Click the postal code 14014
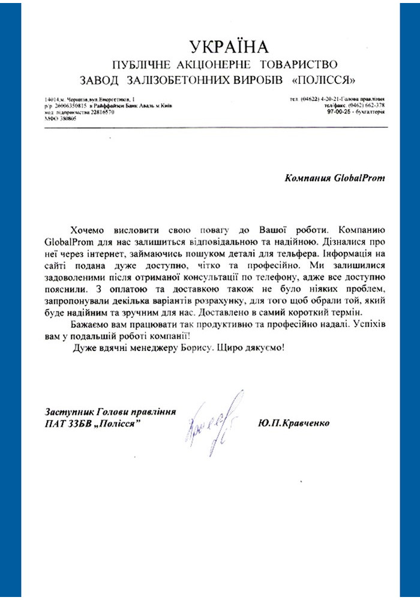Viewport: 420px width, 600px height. pyautogui.click(x=52, y=98)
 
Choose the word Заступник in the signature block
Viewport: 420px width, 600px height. pyautogui.click(x=66, y=412)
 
